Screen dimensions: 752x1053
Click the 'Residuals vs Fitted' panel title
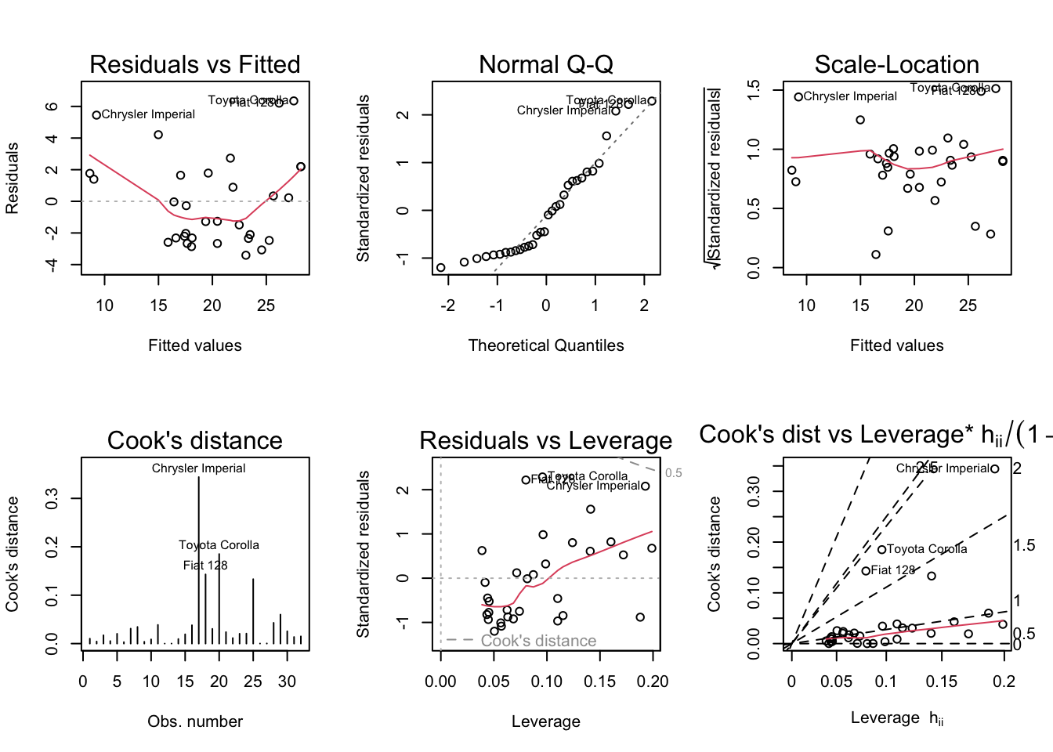tap(195, 64)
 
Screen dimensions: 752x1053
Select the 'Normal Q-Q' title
tap(546, 64)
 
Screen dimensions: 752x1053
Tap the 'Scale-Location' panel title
tap(896, 64)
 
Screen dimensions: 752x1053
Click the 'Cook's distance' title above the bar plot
tap(195, 440)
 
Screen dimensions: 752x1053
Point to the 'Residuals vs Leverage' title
tap(546, 440)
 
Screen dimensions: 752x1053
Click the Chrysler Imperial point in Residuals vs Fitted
tap(96, 115)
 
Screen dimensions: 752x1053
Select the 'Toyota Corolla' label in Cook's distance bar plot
tap(219, 545)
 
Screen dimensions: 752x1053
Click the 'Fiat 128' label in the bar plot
tap(205, 566)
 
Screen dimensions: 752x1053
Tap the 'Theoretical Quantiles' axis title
tap(546, 345)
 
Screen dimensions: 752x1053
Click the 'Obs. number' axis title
tap(195, 721)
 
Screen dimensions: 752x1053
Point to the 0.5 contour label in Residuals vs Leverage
tap(674, 473)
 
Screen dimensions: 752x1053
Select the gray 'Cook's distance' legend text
tap(538, 641)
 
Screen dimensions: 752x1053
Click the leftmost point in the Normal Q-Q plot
tap(441, 268)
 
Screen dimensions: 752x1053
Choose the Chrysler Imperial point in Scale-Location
tap(798, 97)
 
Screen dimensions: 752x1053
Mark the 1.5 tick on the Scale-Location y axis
tap(754, 90)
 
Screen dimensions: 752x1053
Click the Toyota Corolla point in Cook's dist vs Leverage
tap(881, 550)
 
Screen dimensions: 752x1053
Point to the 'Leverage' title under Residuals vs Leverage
tap(546, 721)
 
